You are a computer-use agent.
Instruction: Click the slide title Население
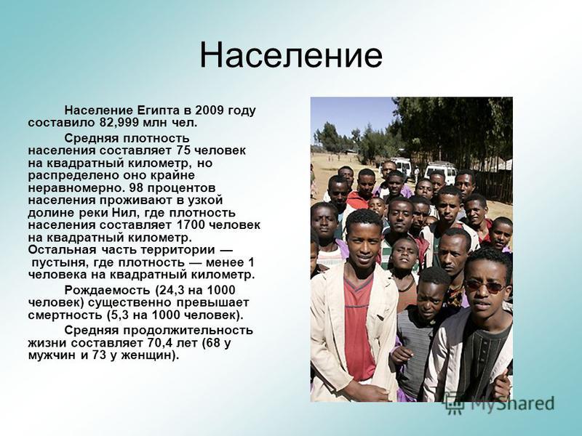[x=291, y=56]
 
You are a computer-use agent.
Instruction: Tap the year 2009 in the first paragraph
[x=210, y=110]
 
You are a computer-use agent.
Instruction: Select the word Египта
[x=159, y=110]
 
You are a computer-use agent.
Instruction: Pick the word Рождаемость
[x=108, y=290]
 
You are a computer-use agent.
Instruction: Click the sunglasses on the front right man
[x=485, y=286]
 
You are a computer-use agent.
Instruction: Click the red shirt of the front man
[x=357, y=326]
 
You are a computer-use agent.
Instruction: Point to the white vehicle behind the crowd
[x=441, y=171]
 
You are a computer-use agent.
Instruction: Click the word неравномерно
[x=74, y=188]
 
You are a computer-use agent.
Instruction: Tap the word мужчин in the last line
[x=52, y=356]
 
